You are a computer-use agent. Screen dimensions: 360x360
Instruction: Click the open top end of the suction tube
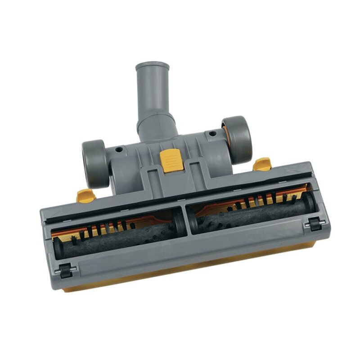coord(152,67)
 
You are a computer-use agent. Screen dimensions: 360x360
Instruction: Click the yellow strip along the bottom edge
coord(189,273)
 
